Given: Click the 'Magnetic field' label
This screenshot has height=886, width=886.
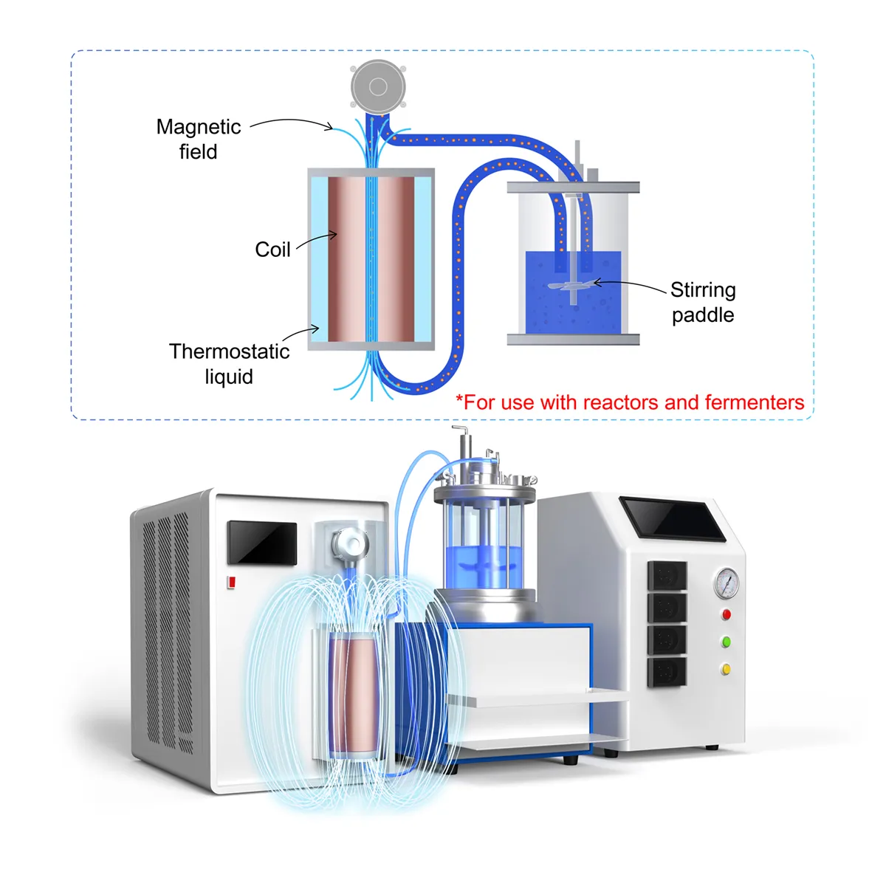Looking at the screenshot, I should pos(199,139).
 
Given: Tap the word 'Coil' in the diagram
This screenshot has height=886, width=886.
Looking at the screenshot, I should pos(272,250).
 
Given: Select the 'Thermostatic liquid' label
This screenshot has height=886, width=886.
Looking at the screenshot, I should pos(229,363).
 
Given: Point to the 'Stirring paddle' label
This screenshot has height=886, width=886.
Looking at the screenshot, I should pos(703,302).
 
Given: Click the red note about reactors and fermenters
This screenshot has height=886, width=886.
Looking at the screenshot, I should pos(630,402).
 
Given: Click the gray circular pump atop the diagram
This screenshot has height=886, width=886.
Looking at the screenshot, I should pos(378,87).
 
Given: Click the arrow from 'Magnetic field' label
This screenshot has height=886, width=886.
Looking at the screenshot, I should pos(292,122).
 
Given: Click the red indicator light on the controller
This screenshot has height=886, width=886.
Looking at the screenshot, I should pos(727,614).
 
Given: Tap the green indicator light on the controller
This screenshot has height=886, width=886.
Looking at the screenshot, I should pos(727,642).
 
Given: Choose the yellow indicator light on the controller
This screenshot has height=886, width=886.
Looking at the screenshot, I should pos(727,669).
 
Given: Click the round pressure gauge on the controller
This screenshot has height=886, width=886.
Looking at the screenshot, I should pos(727,583).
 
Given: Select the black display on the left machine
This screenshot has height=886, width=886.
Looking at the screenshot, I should pos(262,543).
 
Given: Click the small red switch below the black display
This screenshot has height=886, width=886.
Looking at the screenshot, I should pos(231,582).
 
